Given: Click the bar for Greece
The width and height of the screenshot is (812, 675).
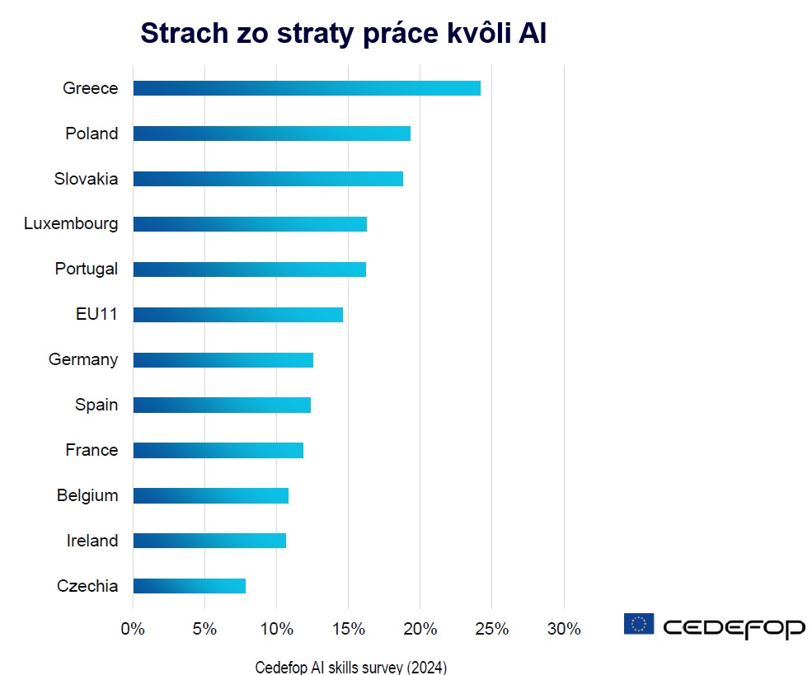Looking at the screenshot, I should point(306,88).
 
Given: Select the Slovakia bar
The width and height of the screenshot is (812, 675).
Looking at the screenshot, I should point(267,179).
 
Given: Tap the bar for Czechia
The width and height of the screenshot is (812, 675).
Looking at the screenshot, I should point(189,586).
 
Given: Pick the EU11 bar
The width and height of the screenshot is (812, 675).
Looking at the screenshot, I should point(237,315).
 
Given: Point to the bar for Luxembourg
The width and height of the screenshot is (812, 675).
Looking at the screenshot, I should point(249,224).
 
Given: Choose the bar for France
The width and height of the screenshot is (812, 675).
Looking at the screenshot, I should point(218,450).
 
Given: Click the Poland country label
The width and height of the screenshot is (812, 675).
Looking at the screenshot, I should point(92,134).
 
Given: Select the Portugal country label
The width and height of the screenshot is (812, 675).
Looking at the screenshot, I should point(86,269).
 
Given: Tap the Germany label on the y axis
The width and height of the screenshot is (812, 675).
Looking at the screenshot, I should point(82,359).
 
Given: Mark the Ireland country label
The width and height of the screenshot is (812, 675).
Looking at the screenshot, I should point(92,541).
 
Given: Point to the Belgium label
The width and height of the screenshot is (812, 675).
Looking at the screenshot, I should point(87,495).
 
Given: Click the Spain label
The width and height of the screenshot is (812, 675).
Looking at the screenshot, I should point(96,405).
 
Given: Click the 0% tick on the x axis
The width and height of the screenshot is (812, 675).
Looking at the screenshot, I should point(133,630).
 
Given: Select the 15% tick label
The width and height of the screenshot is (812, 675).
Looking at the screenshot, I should point(348,630).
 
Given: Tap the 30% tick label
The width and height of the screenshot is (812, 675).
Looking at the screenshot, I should point(564,630).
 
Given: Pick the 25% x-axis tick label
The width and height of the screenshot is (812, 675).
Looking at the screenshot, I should point(492,630).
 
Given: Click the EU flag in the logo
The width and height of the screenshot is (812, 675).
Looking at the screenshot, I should point(639,624).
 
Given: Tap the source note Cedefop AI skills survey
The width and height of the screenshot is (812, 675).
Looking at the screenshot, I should point(350,667).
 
